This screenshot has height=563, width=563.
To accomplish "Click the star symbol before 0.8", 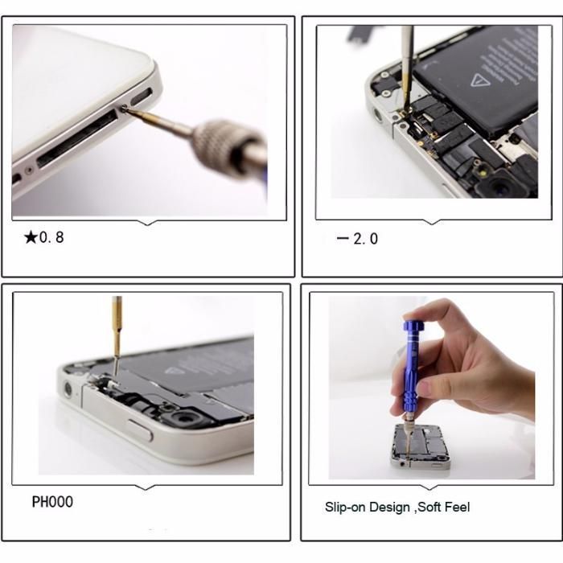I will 31,237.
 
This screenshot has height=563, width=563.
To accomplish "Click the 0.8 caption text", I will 51,237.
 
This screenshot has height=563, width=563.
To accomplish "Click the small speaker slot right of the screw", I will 140,97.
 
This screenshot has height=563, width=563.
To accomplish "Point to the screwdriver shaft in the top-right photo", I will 408,60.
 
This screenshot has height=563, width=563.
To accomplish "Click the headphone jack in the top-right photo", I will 379,114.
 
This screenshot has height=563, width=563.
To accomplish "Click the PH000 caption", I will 52,502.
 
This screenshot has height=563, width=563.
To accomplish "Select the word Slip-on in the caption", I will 347,507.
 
